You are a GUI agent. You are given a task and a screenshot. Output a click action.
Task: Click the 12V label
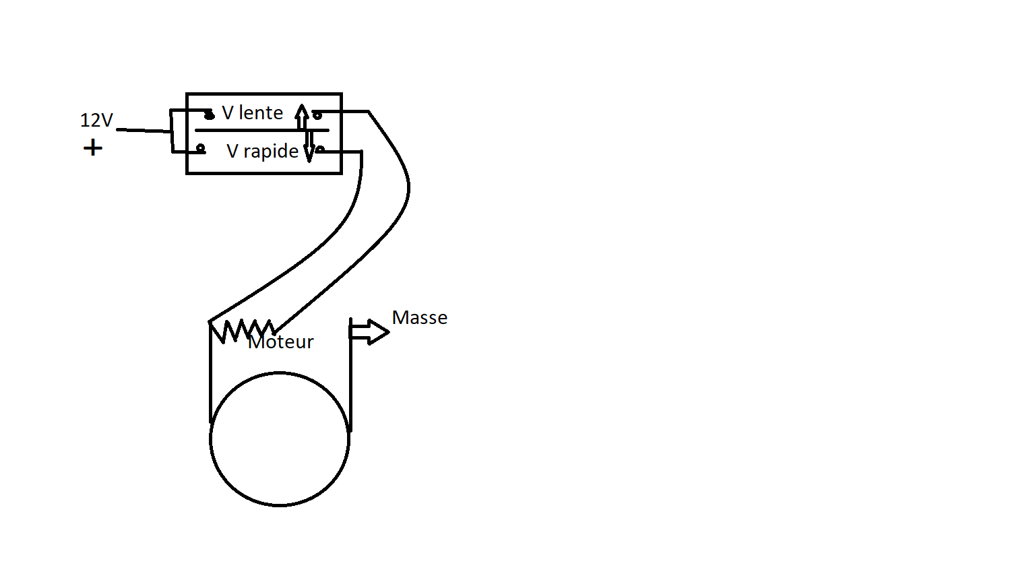[96, 121]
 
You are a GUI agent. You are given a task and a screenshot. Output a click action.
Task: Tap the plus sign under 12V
[93, 148]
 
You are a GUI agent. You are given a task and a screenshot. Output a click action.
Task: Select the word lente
[261, 112]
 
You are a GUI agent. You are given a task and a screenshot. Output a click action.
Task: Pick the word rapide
[271, 151]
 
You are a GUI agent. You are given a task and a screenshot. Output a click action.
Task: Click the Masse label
[420, 317]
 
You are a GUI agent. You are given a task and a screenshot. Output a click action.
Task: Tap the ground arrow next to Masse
[371, 331]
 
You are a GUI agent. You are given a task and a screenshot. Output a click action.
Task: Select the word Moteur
[281, 342]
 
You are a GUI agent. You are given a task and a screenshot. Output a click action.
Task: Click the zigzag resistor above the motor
[241, 330]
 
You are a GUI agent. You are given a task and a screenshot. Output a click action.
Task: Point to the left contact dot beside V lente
[210, 115]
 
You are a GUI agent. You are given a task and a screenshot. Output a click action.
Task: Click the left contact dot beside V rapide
[200, 148]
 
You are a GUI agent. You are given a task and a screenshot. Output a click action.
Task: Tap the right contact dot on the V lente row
[317, 115]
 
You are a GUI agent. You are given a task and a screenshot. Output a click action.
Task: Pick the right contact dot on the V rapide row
[320, 149]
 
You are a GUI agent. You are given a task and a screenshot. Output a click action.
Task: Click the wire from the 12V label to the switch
[143, 130]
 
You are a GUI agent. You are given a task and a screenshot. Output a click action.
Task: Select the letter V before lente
[228, 112]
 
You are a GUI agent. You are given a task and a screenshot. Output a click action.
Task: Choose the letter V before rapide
[232, 151]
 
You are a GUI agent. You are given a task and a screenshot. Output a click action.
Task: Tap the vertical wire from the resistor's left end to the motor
[210, 377]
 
